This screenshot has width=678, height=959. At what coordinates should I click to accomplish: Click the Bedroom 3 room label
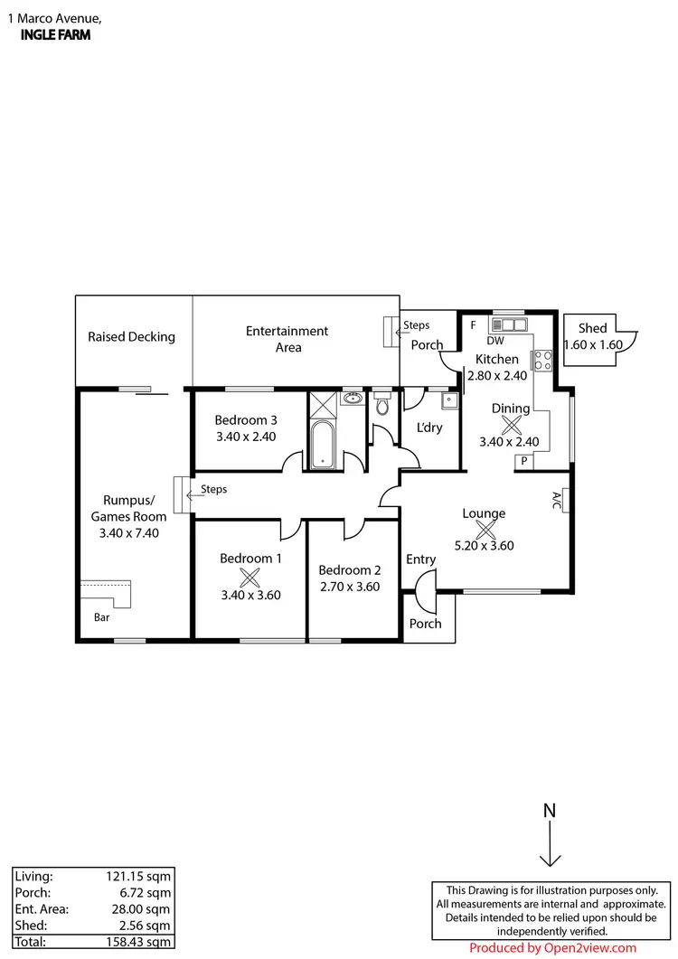pyautogui.click(x=246, y=419)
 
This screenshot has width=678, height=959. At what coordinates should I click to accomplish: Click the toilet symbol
pyautogui.click(x=381, y=406)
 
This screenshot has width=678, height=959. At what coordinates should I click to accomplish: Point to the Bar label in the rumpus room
pyautogui.click(x=103, y=618)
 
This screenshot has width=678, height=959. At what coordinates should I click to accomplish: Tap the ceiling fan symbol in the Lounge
pyautogui.click(x=484, y=531)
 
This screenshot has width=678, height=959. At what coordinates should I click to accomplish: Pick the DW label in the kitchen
pyautogui.click(x=494, y=341)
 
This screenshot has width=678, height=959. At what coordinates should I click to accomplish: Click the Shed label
pyautogui.click(x=593, y=329)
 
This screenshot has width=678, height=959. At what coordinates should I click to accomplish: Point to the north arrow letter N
pyautogui.click(x=549, y=811)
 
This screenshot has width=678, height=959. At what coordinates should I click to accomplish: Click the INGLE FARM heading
pyautogui.click(x=54, y=35)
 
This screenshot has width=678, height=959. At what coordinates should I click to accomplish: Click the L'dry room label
pyautogui.click(x=428, y=428)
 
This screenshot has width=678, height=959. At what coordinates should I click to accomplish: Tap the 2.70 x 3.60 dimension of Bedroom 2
pyautogui.click(x=349, y=586)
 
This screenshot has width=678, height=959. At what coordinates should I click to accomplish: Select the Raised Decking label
pyautogui.click(x=131, y=337)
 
